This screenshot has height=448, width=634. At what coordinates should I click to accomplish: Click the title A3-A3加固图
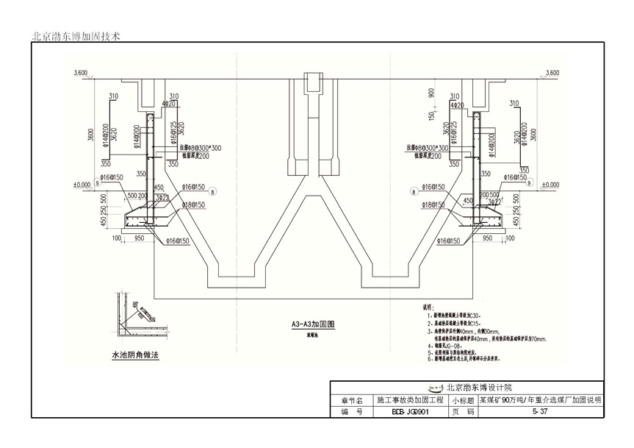pyautogui.click(x=313, y=324)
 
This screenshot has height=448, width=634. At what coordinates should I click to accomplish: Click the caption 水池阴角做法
pyautogui.click(x=134, y=355)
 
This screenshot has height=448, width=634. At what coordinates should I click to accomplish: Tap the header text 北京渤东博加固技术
pyautogui.click(x=76, y=35)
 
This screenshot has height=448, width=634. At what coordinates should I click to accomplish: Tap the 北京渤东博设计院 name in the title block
pyautogui.click(x=471, y=388)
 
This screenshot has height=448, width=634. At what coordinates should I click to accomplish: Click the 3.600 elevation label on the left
pyautogui.click(x=80, y=73)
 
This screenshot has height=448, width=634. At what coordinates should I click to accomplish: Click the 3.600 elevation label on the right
pyautogui.click(x=550, y=73)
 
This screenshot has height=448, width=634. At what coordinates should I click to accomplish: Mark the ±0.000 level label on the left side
pyautogui.click(x=81, y=184)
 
